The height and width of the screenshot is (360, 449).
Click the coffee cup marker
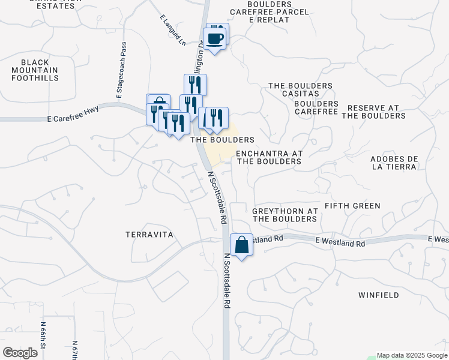215,40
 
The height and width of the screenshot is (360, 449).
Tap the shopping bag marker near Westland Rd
241,245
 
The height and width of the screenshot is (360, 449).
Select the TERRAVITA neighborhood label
149,235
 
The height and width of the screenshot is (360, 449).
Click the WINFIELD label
378,295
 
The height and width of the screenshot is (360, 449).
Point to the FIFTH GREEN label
352,206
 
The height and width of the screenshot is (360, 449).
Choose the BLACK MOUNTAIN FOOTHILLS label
39,70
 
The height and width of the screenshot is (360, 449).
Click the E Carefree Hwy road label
73,119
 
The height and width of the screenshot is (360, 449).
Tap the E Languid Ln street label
170,29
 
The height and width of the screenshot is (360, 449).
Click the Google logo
20,352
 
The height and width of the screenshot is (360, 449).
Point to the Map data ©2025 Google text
412,355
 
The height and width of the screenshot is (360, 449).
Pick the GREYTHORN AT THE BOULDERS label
285,215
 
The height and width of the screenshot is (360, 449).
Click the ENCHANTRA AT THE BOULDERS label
269,157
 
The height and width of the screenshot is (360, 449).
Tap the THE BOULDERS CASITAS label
300,90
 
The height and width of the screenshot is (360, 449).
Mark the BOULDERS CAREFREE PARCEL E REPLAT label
268,11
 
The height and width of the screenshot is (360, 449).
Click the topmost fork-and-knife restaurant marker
195,84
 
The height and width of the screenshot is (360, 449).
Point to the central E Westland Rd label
340,244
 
